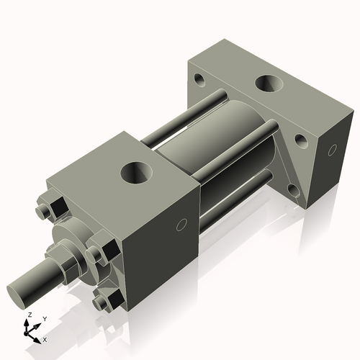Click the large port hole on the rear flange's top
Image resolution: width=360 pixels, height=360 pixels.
point(271,84)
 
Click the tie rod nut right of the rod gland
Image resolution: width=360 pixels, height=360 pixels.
point(96,253)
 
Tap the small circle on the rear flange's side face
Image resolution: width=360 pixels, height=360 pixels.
point(332,150)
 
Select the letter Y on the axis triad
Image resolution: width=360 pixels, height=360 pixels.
point(44,318)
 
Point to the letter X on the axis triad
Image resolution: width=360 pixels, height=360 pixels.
point(45,338)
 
